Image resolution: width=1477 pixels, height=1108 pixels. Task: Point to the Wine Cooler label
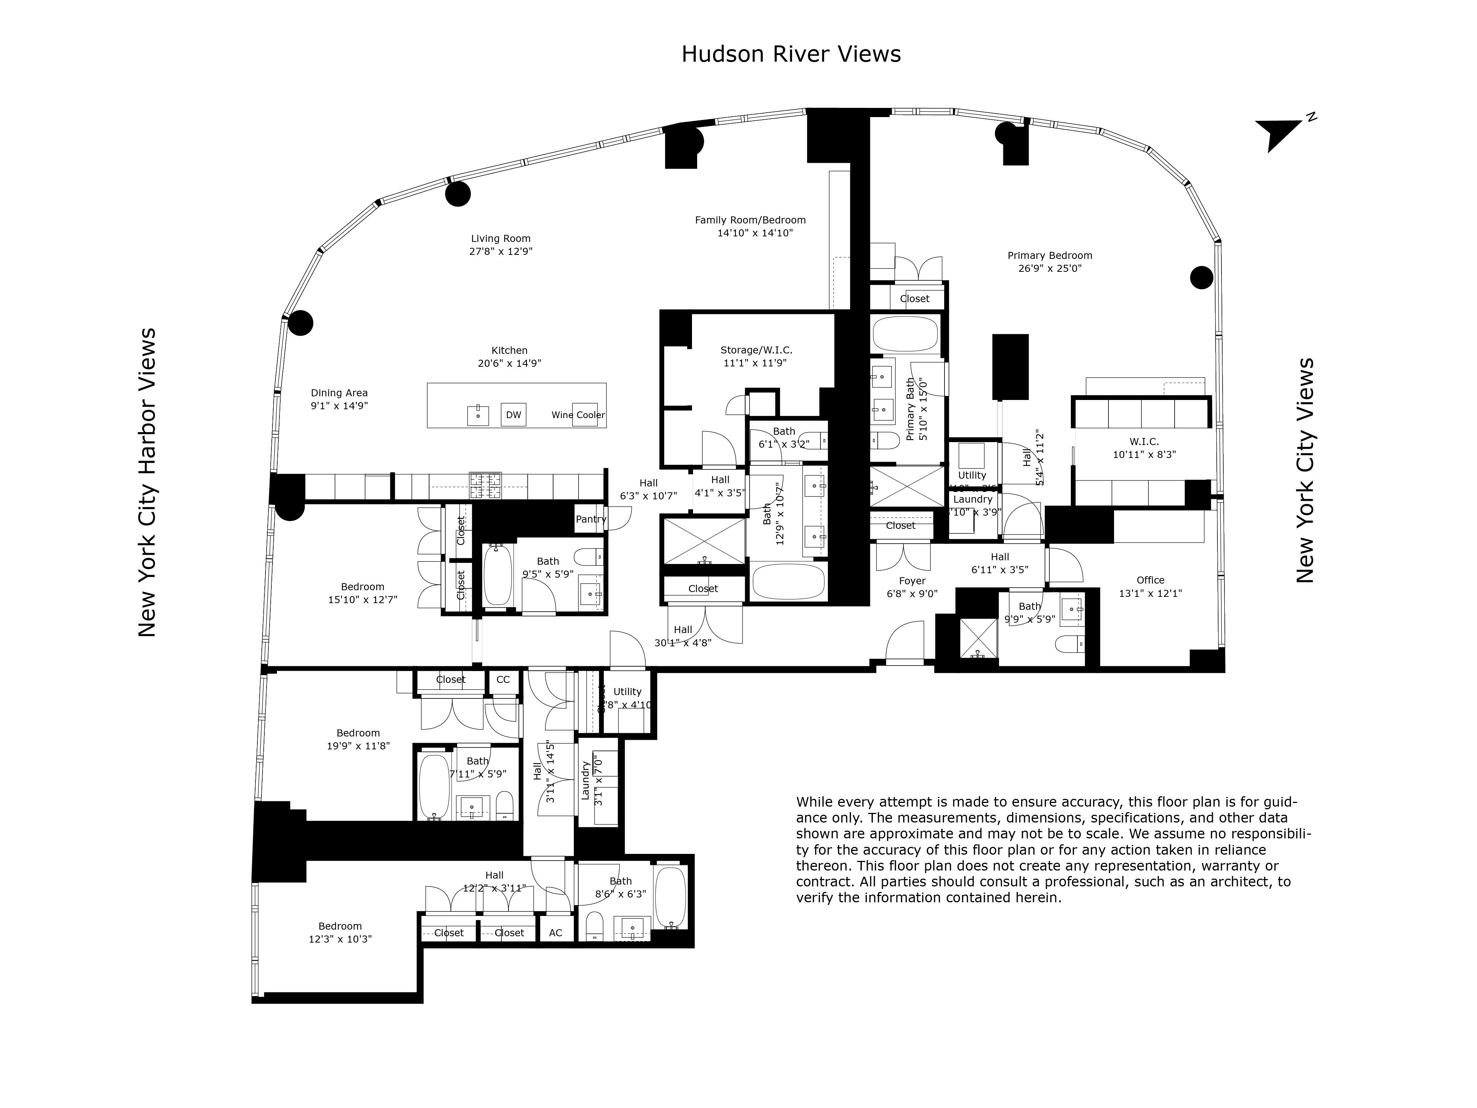pyautogui.click(x=578, y=415)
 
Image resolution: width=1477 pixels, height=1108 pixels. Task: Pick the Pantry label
pyautogui.click(x=590, y=519)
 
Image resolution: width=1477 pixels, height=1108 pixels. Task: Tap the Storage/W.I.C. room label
pyautogui.click(x=756, y=350)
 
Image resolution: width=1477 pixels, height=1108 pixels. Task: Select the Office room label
pyautogui.click(x=1150, y=580)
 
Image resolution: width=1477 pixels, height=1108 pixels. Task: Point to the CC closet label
pyautogui.click(x=503, y=679)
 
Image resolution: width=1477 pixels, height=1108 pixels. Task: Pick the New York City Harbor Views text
pyautogui.click(x=147, y=482)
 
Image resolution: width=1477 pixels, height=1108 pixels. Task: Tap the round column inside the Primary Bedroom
pyautogui.click(x=1201, y=277)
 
